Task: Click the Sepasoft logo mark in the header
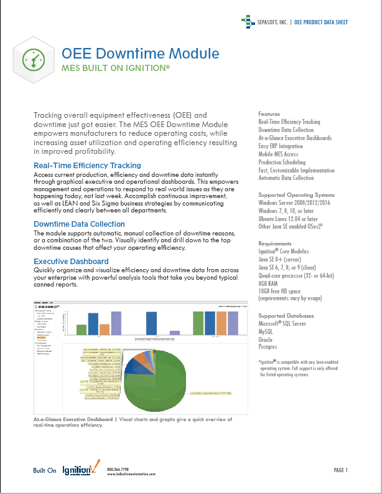click(x=248, y=22)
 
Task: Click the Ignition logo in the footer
click(x=80, y=470)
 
